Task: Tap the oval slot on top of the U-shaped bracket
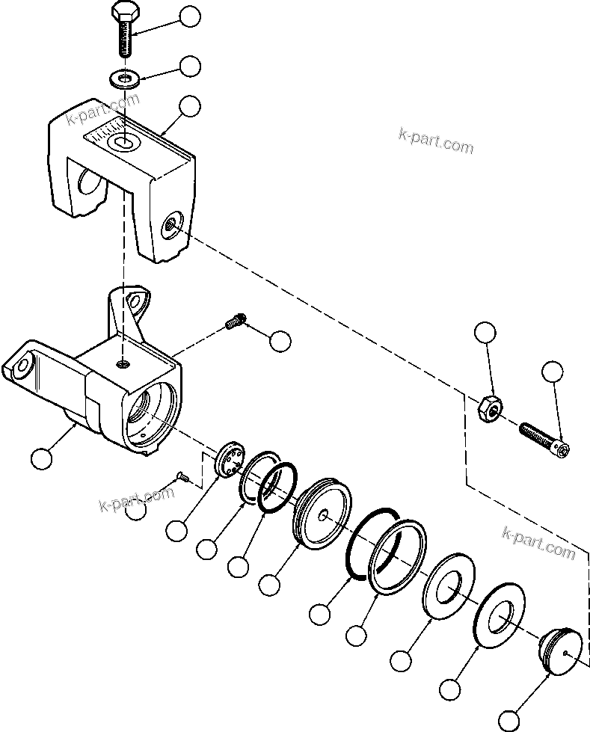[120, 141]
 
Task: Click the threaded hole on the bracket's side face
[173, 223]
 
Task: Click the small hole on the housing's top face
[123, 364]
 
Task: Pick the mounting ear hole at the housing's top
[135, 301]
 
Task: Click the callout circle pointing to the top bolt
[191, 16]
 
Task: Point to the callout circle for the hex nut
[486, 333]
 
